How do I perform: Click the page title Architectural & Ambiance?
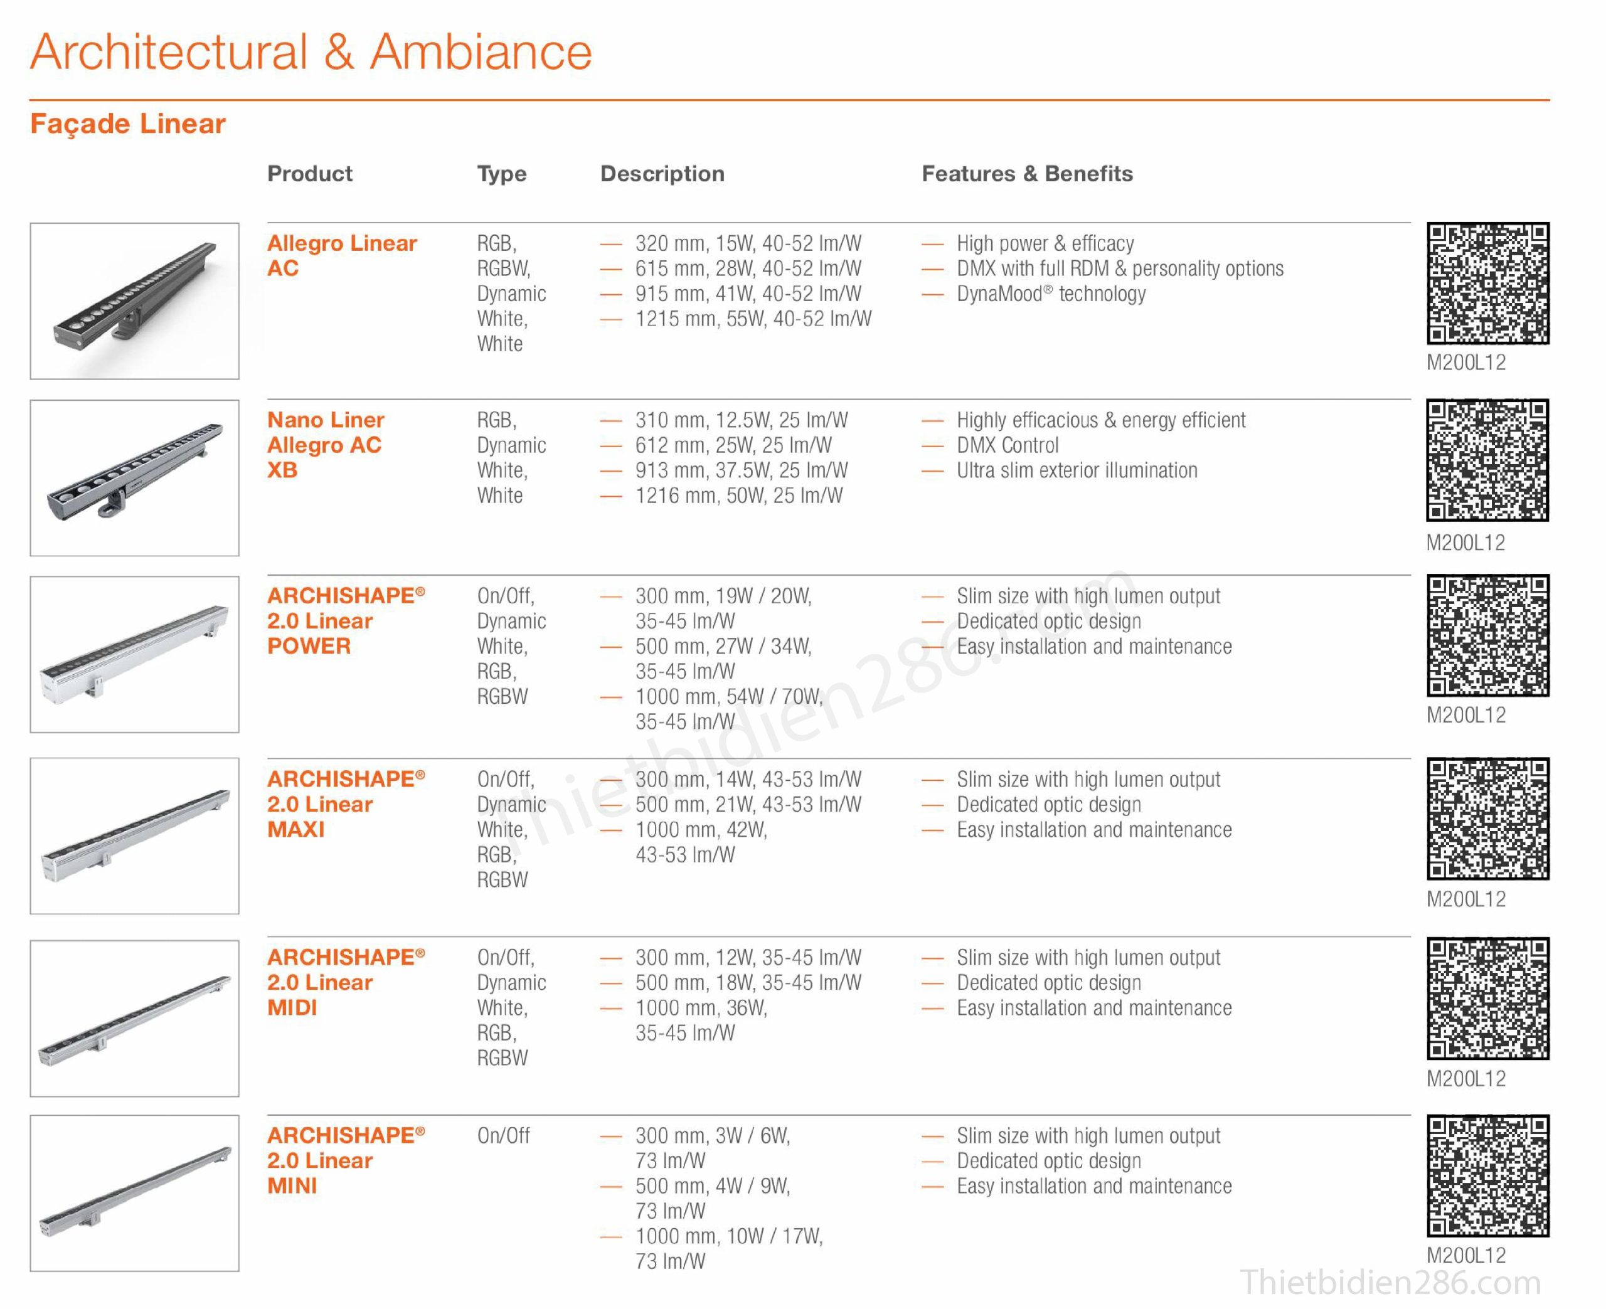311,53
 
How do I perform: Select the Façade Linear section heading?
127,124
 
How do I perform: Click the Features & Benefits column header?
1026,174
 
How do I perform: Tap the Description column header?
661,174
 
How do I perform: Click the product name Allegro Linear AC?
341,256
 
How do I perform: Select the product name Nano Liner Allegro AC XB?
325,445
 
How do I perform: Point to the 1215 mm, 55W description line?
752,319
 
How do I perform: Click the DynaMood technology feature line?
1050,294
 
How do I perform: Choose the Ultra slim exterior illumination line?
1076,470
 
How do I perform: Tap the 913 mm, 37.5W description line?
740,470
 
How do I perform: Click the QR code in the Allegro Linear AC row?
1487,284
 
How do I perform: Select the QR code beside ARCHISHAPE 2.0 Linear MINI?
1487,1175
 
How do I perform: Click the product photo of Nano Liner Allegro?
134,478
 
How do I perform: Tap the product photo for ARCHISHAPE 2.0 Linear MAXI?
134,835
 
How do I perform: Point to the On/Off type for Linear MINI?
503,1135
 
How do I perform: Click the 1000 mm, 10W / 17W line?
728,1237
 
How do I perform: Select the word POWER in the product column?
309,646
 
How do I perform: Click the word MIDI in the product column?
292,1008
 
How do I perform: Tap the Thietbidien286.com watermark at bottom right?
1390,1283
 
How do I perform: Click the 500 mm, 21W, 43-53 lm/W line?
747,805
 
